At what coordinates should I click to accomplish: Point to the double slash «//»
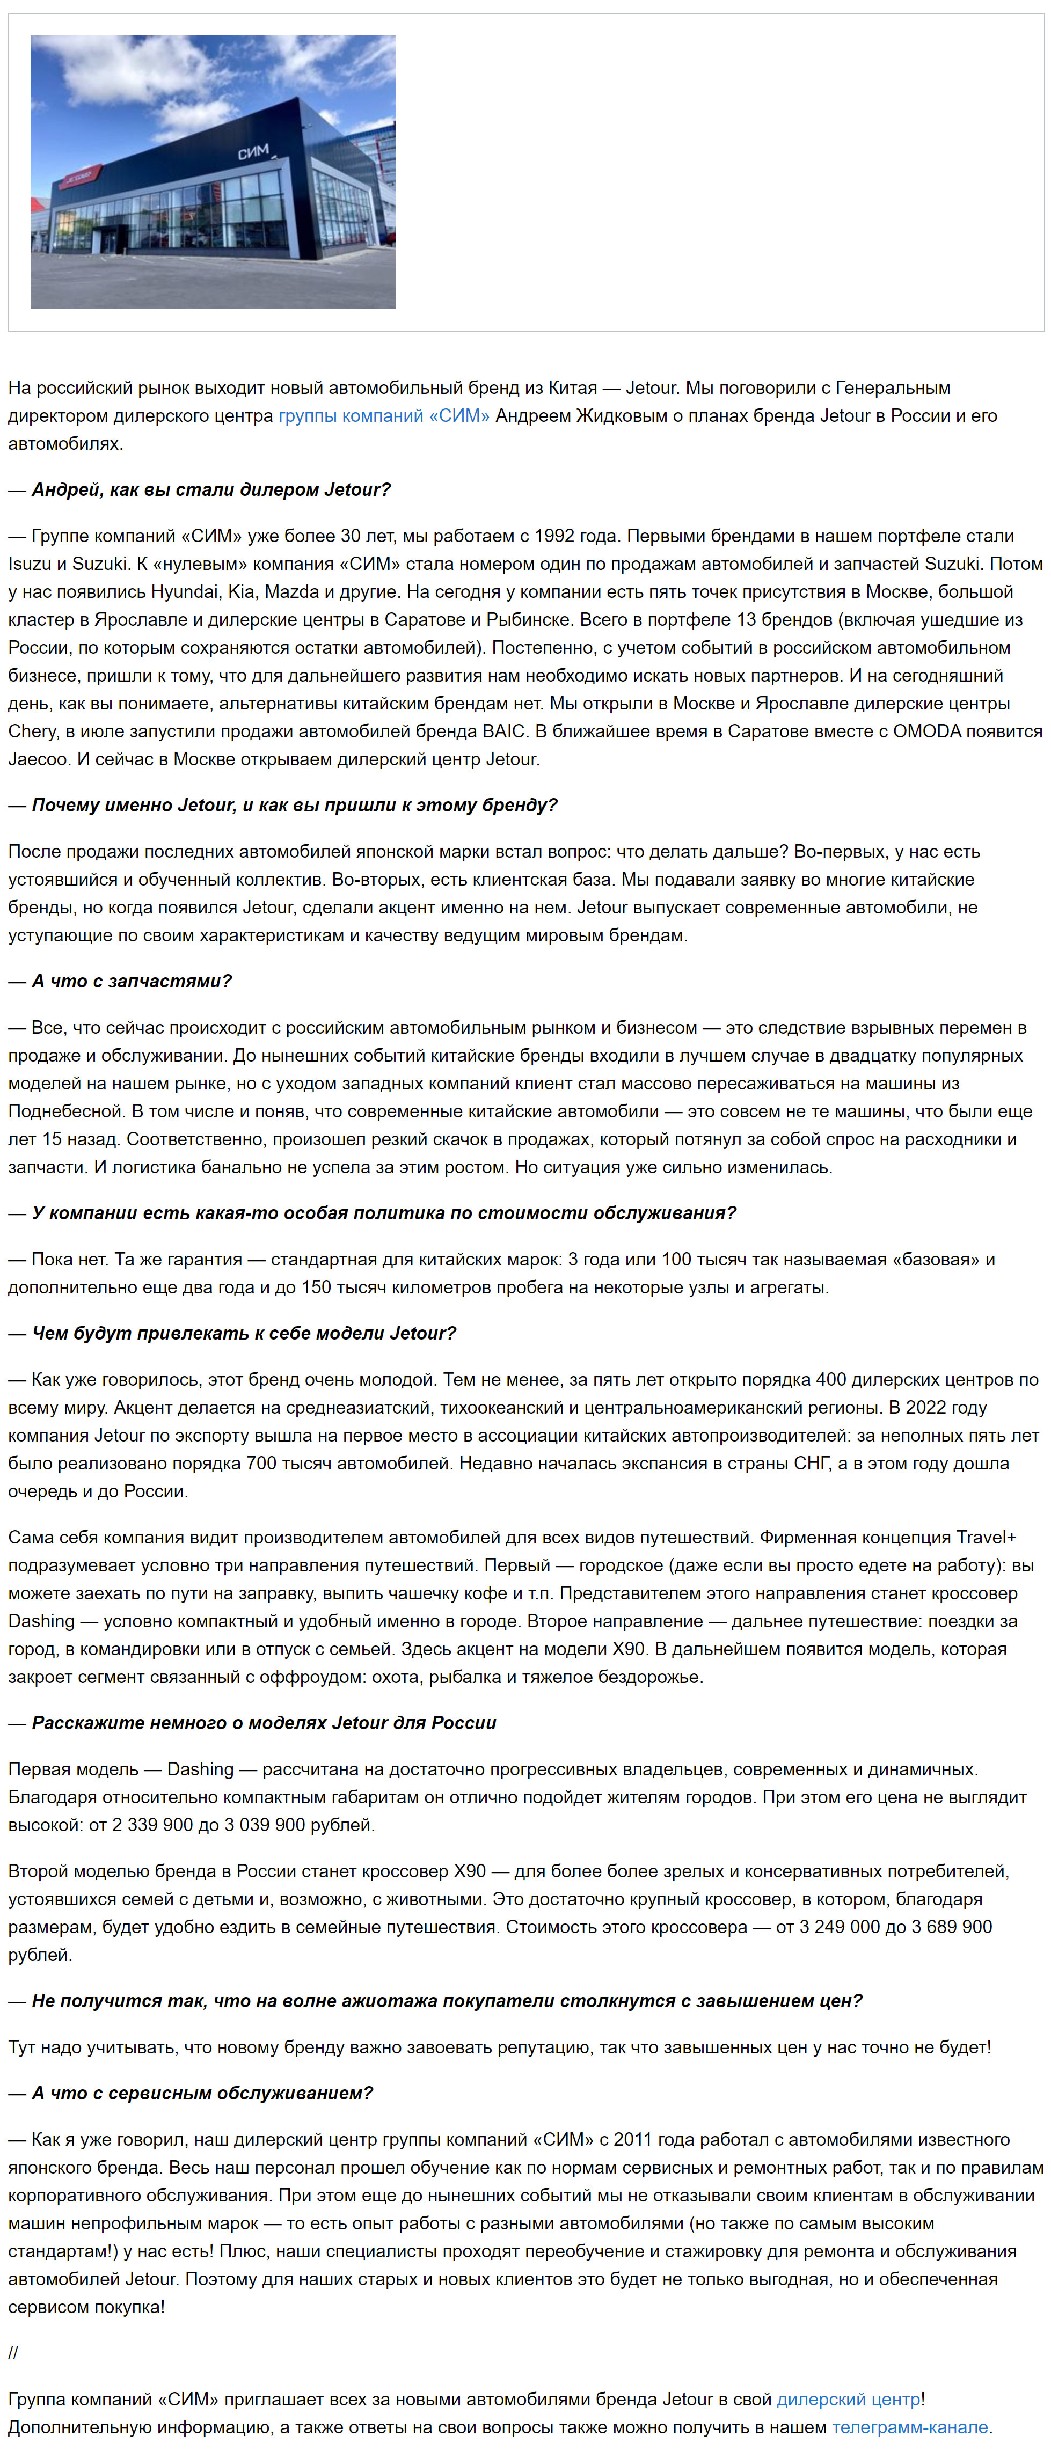(13, 2353)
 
